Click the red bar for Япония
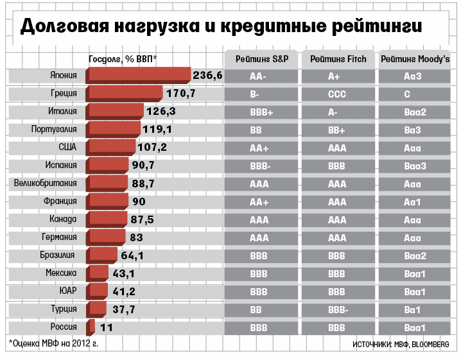[x=139, y=75]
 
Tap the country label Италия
[x=63, y=112]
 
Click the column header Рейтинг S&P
[x=262, y=59]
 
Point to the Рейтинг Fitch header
[x=338, y=59]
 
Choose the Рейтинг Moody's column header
[x=414, y=59]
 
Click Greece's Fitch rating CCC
[x=337, y=94]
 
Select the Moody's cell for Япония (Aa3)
[x=412, y=76]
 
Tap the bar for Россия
[x=92, y=327]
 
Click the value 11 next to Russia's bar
[x=107, y=327]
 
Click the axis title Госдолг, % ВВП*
[x=123, y=59]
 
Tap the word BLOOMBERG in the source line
[x=431, y=345]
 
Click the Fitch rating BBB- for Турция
[x=338, y=310]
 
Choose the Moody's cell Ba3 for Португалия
[x=412, y=130]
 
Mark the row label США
[x=67, y=147]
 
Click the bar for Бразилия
[x=103, y=255]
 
